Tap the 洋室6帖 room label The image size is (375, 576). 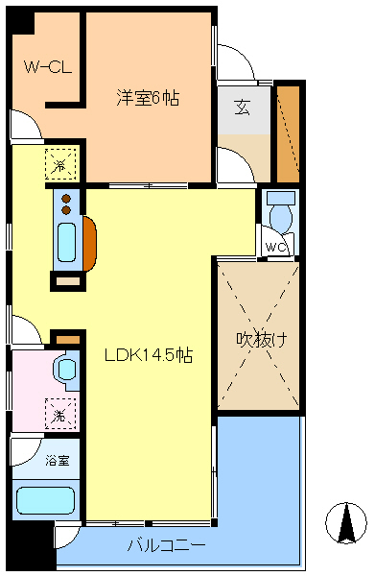click(149, 98)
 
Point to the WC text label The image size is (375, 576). click(276, 248)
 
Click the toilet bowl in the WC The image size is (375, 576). click(281, 217)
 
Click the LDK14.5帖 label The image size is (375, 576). click(149, 354)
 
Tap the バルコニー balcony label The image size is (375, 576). click(166, 545)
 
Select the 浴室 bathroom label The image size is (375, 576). click(58, 461)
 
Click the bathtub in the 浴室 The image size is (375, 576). click(46, 501)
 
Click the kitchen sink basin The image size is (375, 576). click(67, 242)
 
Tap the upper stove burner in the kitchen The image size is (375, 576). click(66, 198)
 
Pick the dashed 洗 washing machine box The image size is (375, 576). click(59, 415)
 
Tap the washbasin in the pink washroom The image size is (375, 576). click(67, 368)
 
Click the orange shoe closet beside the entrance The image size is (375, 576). click(288, 133)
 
